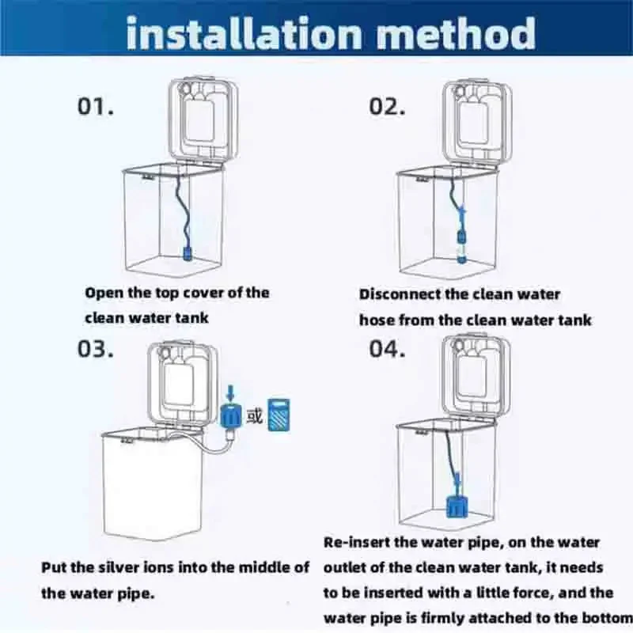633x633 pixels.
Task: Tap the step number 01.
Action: coord(96,108)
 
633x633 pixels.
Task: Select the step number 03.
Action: coord(96,349)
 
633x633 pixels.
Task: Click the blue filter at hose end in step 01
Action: coord(188,254)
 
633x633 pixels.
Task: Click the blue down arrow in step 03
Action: coord(229,392)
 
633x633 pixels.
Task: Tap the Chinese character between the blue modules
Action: coord(254,415)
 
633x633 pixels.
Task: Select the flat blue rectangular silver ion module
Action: coord(277,415)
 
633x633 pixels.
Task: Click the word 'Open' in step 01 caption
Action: coord(103,293)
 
